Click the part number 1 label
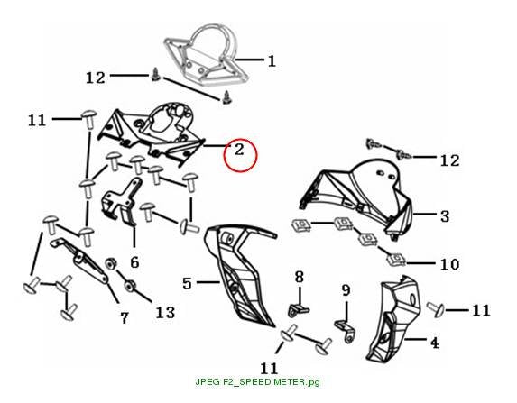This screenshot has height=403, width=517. (x=272, y=61)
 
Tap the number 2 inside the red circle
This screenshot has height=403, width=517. (x=239, y=150)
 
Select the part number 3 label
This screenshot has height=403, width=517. (x=445, y=216)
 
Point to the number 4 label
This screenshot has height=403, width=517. (x=435, y=343)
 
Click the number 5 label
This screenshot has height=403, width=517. (x=187, y=283)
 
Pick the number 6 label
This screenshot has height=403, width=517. (x=134, y=262)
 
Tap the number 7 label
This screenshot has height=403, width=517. (x=124, y=318)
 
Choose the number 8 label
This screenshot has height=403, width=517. (x=299, y=277)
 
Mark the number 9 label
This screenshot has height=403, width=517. (x=346, y=290)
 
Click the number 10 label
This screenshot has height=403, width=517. (x=449, y=264)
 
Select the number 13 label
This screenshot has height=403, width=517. (x=165, y=312)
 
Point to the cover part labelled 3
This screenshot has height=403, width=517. (x=356, y=197)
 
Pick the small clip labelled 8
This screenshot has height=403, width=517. (x=298, y=310)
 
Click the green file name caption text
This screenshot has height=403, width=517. (x=257, y=382)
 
